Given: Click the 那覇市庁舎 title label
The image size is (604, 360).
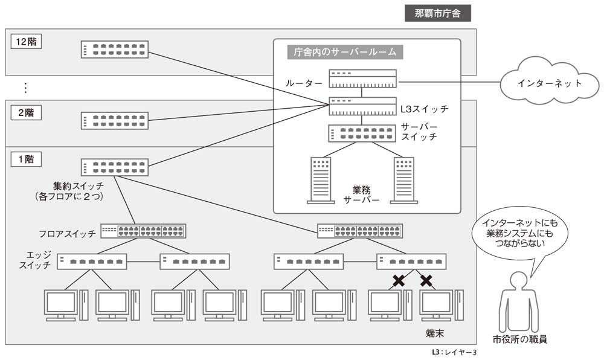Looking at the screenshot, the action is [437, 13].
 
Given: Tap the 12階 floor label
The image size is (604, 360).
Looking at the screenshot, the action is [26, 42].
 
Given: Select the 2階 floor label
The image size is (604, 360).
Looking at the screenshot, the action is [26, 113].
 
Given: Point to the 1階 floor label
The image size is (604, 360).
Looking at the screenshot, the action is [26, 159].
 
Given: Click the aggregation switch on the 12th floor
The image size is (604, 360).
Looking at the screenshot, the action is [115, 50].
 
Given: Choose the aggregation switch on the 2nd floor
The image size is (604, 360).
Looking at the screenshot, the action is [115, 121].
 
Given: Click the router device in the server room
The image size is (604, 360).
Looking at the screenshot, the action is [362, 79].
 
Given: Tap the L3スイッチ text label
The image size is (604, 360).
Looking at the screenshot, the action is [425, 109].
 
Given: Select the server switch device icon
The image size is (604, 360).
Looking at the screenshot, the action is [362, 133].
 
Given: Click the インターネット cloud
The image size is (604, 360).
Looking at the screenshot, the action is [550, 83].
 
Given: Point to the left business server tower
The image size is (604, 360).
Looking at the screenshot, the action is [321, 180].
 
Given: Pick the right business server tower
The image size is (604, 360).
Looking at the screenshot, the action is [404, 180].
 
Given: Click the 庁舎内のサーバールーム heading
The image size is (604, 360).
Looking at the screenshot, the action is [345, 52].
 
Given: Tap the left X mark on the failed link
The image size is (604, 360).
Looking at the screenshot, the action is [399, 280].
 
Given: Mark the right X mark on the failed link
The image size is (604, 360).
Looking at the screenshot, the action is [426, 280].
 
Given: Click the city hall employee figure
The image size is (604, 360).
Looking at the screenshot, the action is [519, 302].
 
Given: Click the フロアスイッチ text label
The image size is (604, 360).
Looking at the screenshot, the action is [68, 233].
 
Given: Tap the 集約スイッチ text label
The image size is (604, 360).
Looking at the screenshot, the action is [79, 187].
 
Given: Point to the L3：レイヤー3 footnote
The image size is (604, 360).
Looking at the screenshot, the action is [454, 352].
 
